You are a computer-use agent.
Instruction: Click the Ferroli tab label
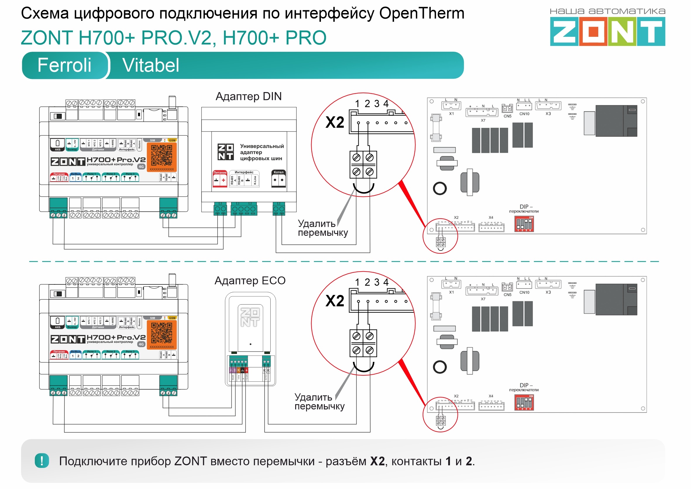64,65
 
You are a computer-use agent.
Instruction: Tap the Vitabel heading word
151,65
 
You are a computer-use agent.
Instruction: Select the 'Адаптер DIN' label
249,96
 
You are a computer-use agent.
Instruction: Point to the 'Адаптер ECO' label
250,281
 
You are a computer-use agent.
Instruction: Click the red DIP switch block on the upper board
524,224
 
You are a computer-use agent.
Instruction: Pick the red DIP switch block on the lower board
524,402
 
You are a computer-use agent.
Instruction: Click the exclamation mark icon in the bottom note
42,461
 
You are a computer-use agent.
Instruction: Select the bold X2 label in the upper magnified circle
334,122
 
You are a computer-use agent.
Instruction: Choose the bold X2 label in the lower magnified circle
334,301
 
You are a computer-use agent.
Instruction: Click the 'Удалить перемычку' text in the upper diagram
322,228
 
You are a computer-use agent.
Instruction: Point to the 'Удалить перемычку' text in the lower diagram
319,402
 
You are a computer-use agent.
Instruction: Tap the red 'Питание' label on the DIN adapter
220,173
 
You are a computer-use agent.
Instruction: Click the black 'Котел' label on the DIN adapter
279,172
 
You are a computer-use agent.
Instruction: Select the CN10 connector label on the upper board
524,114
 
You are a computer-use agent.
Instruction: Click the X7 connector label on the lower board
483,299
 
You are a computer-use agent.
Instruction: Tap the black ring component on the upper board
440,189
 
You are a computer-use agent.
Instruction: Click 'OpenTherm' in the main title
422,13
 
